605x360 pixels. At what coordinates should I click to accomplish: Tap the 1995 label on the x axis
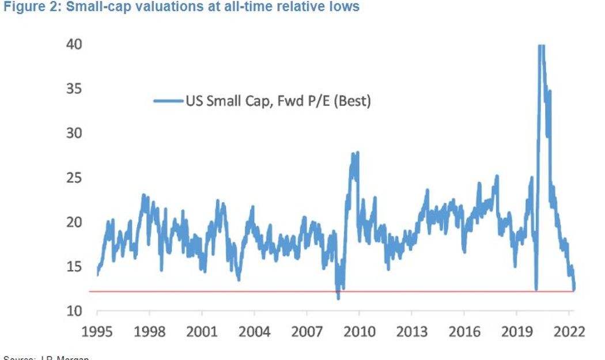(97, 332)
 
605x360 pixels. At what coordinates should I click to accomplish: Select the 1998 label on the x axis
(150, 332)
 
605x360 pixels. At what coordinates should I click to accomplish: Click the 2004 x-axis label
(255, 332)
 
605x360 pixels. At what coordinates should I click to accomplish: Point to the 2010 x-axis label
(360, 332)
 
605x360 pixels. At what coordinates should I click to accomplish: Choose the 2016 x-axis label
(464, 332)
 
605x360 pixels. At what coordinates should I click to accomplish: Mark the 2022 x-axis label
(569, 332)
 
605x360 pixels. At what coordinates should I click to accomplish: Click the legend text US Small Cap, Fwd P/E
(277, 101)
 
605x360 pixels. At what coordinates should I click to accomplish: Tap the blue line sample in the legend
(168, 101)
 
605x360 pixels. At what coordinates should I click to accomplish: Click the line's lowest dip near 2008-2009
(338, 298)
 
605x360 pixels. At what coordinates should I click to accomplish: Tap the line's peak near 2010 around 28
(358, 153)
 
